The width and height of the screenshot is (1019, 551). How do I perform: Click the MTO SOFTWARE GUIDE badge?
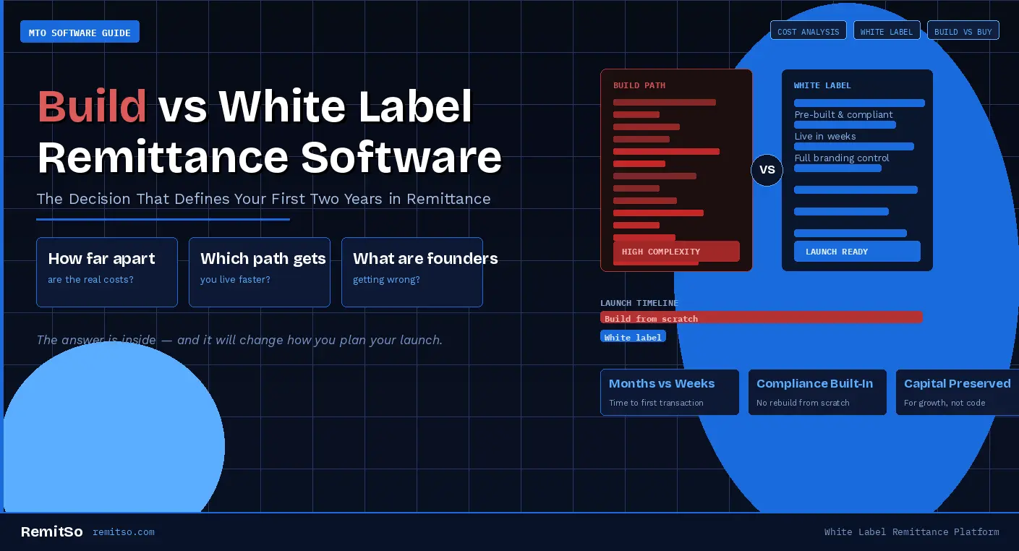pos(80,32)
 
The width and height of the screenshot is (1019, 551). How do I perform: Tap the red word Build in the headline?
pos(92,106)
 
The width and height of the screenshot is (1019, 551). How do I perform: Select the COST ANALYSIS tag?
pos(808,30)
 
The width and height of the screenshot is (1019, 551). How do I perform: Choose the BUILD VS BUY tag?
pos(963,30)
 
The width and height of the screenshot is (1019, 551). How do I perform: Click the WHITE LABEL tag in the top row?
pos(887,30)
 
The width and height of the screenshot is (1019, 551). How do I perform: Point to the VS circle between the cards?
pos(767,170)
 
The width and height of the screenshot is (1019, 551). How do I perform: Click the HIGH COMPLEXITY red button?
pos(676,251)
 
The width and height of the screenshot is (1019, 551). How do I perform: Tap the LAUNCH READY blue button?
pos(857,251)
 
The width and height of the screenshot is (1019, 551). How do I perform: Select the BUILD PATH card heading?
pos(639,85)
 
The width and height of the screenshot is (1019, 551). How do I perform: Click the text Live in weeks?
pos(825,136)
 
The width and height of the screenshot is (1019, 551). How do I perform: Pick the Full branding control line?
pos(842,158)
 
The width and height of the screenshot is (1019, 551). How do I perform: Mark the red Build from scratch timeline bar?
pos(761,317)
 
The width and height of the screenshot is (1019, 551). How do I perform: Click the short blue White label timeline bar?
pos(633,336)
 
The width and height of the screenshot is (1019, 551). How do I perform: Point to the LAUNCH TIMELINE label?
pos(639,303)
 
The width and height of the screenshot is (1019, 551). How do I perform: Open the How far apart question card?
pos(107,272)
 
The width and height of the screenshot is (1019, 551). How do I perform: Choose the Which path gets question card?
pos(260,272)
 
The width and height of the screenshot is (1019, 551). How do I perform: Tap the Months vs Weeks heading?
pos(662,383)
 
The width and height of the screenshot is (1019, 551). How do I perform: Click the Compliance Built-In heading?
pos(814,383)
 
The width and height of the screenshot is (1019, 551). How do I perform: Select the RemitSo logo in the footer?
pos(51,531)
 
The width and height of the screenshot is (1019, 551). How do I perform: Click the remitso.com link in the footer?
pos(124,532)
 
